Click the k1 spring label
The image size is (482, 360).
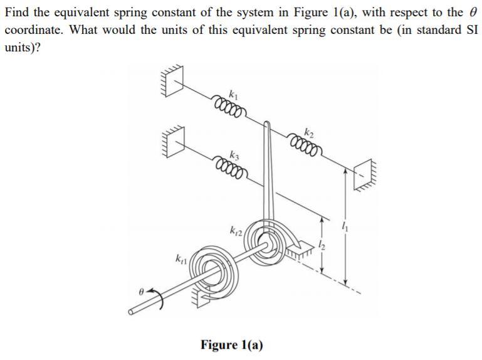click(234, 95)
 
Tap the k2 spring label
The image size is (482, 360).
click(308, 132)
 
